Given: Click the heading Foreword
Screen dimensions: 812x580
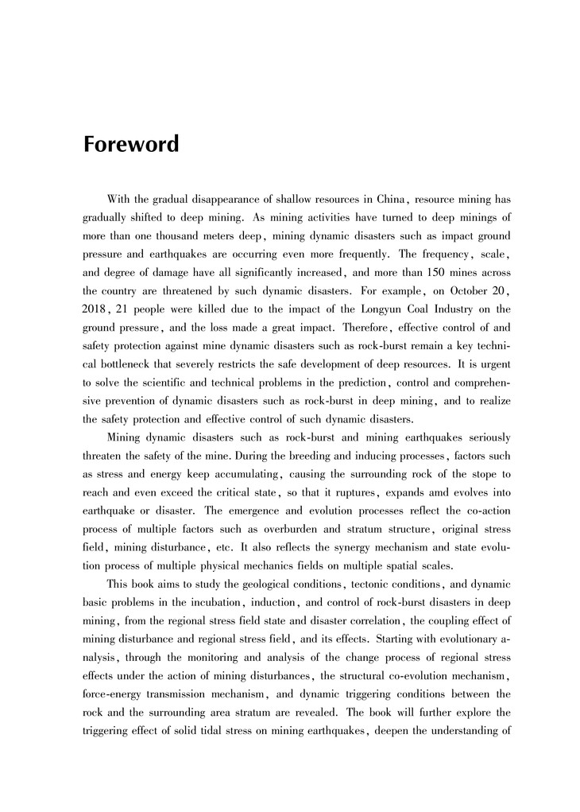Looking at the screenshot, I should click(131, 145).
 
